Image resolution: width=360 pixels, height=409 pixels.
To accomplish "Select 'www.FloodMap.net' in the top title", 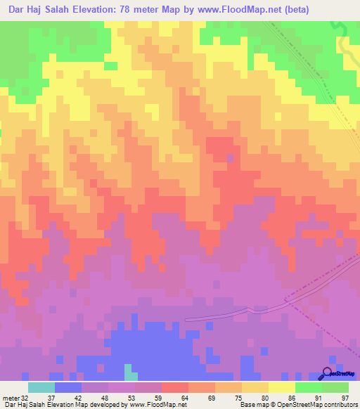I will [x=251, y=9].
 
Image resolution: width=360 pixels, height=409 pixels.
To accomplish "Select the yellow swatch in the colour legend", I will [x=281, y=387].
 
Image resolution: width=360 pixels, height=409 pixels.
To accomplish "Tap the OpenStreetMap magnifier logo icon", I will [x=328, y=374].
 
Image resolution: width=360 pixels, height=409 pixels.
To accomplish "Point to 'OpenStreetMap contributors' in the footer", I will [x=317, y=405].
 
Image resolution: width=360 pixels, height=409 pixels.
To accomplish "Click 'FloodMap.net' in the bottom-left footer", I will [x=164, y=405].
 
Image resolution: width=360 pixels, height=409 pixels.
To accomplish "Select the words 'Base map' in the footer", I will [x=255, y=405].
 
